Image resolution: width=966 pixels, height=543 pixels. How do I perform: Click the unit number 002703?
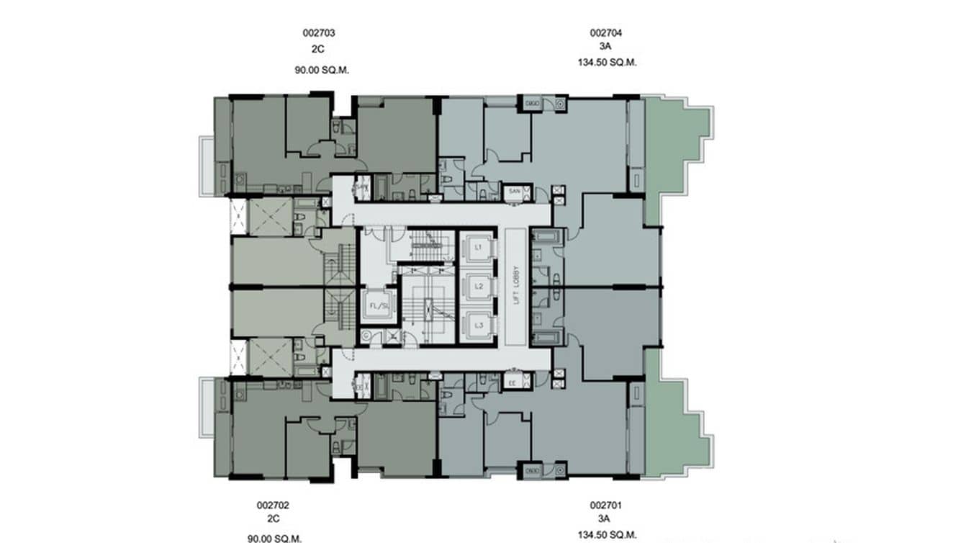[x=318, y=32]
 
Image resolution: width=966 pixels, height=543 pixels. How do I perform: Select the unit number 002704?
[x=606, y=32]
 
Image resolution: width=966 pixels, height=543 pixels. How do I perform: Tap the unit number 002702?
[x=273, y=506]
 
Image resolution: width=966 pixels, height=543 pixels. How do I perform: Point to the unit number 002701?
[x=605, y=506]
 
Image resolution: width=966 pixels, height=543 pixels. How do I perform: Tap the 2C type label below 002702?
[x=273, y=519]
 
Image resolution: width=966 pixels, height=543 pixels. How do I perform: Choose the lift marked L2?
[x=479, y=286]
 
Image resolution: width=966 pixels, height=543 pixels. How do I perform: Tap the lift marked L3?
[x=479, y=325]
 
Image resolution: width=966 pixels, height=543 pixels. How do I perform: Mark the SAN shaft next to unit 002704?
[x=514, y=192]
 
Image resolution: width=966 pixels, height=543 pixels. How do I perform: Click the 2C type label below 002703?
[x=318, y=51]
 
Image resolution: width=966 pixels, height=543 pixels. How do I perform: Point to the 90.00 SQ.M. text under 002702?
[x=273, y=537]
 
